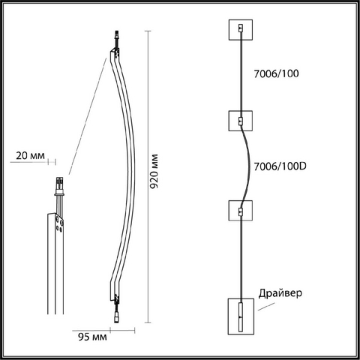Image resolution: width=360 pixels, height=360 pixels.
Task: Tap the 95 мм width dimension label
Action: [x=92, y=337]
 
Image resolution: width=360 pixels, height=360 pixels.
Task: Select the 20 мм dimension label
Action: [x=30, y=156]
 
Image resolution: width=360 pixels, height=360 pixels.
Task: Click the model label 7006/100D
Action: [x=280, y=166]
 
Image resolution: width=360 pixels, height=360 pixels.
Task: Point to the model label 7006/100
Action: [x=276, y=73]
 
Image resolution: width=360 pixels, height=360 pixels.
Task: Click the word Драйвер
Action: [x=280, y=293]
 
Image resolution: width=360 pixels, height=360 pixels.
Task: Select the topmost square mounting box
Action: [x=241, y=30]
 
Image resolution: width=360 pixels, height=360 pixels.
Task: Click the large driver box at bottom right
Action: [x=241, y=316]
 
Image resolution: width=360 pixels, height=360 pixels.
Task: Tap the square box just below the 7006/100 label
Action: [x=241, y=121]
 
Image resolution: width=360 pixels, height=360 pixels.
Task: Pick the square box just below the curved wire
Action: [x=241, y=211]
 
